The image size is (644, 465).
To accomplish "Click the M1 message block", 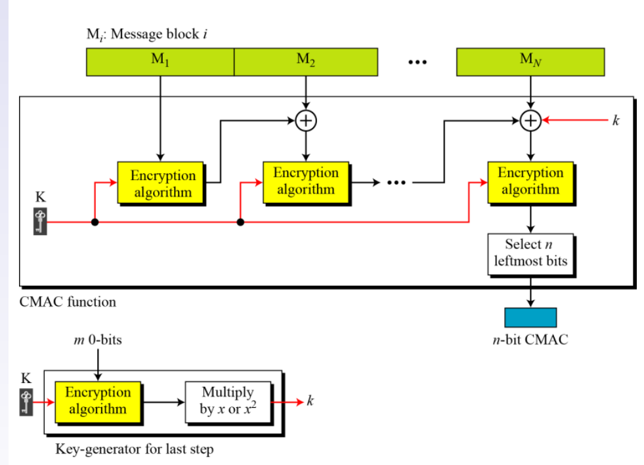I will [x=160, y=62].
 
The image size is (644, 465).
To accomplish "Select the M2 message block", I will [x=306, y=62].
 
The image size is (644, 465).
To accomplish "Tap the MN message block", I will [x=530, y=62].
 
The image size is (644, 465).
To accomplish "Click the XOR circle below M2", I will [x=305, y=121].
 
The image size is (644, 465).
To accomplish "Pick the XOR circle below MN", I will [x=530, y=121].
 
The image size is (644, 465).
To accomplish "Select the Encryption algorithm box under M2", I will [x=306, y=181].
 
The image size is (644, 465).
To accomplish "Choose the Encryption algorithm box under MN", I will [x=530, y=181].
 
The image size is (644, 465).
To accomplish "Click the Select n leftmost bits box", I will [x=530, y=253].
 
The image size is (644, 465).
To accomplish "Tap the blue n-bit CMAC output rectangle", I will [x=530, y=317].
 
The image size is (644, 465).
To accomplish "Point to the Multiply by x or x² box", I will [x=228, y=401].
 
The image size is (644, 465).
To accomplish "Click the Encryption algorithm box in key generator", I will [x=98, y=400].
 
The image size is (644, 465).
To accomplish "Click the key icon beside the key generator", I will [x=26, y=401].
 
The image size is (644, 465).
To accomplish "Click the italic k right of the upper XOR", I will [x=616, y=121].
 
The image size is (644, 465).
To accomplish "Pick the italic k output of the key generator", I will [x=310, y=401].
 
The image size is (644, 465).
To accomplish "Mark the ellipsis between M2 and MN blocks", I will [x=417, y=62].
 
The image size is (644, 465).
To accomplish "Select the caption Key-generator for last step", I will [x=134, y=450].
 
